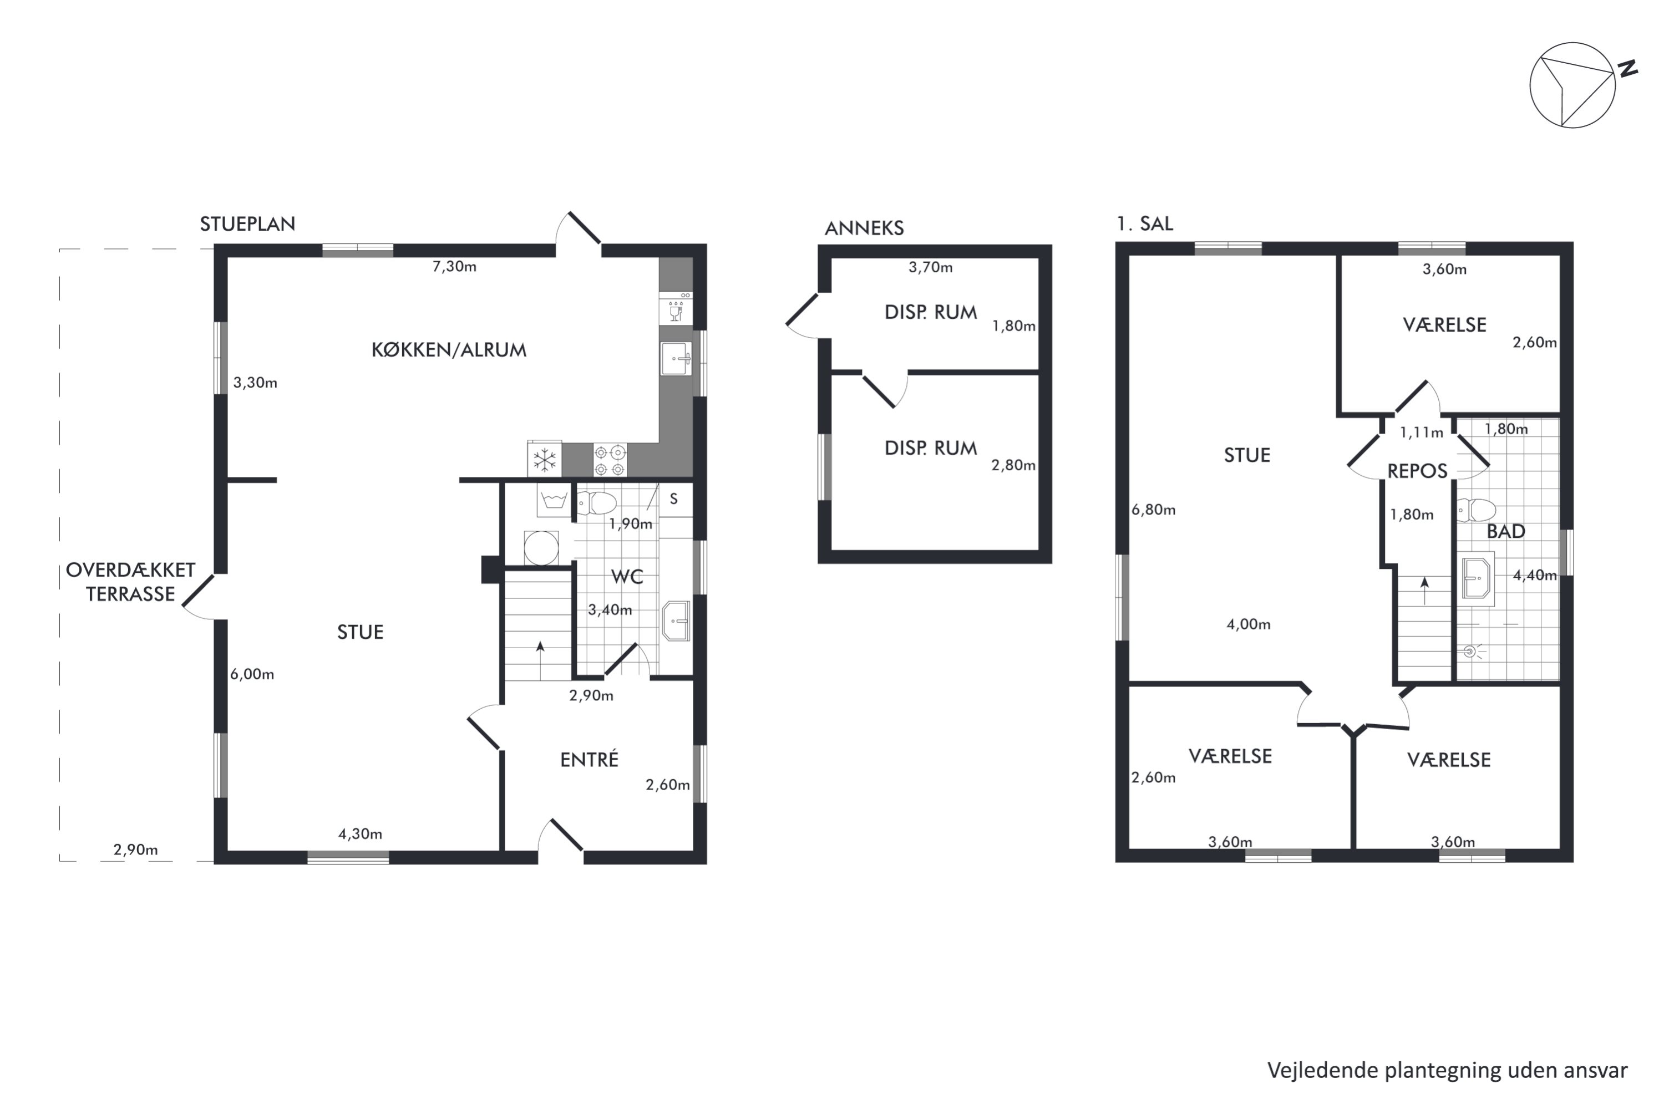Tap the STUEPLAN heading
pyautogui.click(x=247, y=224)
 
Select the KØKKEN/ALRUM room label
pyautogui.click(x=449, y=350)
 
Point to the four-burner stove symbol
pyautogui.click(x=610, y=460)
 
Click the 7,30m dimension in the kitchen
pyautogui.click(x=454, y=267)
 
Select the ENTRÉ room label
pyautogui.click(x=589, y=760)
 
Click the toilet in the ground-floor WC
pyautogui.click(x=596, y=503)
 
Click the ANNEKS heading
pyautogui.click(x=865, y=228)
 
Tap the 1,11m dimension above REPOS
pyautogui.click(x=1421, y=432)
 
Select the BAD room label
pyautogui.click(x=1506, y=532)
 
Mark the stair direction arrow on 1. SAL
pyautogui.click(x=1425, y=591)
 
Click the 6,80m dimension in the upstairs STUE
pyautogui.click(x=1153, y=510)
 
